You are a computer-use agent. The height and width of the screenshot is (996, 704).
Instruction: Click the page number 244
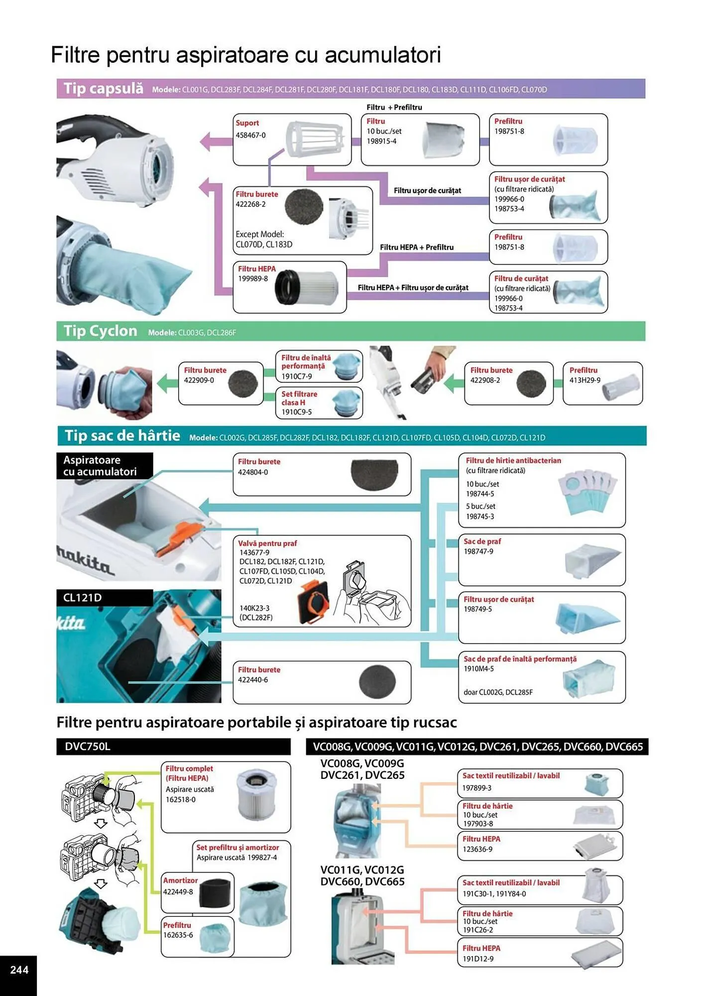click(19, 969)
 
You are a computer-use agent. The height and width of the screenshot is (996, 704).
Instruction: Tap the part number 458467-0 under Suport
click(250, 135)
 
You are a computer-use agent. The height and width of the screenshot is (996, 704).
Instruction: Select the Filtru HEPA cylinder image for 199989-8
click(306, 287)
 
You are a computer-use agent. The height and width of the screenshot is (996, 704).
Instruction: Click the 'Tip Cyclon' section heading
click(100, 331)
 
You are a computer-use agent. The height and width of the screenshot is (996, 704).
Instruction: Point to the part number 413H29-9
click(585, 380)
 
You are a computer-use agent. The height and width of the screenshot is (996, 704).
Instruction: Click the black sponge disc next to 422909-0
click(242, 383)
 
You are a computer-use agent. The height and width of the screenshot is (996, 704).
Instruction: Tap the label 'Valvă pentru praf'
click(267, 543)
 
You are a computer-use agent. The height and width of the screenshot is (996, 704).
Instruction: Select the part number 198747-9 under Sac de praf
click(478, 551)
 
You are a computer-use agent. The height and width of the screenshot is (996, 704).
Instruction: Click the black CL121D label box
click(104, 598)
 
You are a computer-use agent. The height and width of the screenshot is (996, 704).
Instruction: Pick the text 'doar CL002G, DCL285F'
click(498, 692)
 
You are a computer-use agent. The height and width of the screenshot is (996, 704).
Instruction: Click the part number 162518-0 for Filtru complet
click(180, 799)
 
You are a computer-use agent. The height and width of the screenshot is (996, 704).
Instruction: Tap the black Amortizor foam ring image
click(216, 893)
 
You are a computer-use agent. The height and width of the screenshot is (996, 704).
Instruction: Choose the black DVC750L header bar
click(173, 747)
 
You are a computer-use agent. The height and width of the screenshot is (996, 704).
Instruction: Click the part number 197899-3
click(476, 788)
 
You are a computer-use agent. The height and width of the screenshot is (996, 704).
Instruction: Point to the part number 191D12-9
click(477, 959)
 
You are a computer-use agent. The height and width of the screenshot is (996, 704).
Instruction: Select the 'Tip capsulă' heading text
click(103, 89)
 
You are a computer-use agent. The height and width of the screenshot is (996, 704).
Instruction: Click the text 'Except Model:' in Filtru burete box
click(259, 234)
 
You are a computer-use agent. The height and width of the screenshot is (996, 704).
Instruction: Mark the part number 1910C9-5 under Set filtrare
click(296, 412)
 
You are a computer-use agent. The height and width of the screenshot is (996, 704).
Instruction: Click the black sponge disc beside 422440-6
click(377, 682)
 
